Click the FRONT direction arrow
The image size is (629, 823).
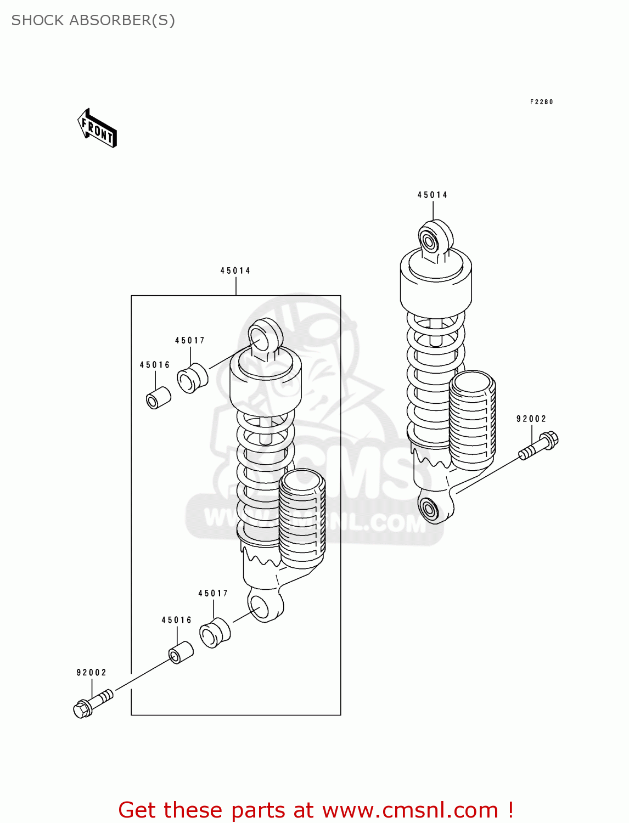point(97,128)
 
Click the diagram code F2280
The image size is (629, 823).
point(541,102)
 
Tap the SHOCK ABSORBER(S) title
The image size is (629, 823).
point(93,20)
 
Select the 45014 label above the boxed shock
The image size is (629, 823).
point(235,270)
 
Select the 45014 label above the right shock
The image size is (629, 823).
point(432,195)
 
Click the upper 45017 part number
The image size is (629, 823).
point(190,340)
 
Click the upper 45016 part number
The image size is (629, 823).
point(155,365)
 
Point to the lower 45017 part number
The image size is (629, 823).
point(213,593)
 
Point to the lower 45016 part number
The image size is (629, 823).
point(177,620)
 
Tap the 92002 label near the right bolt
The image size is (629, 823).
point(531,419)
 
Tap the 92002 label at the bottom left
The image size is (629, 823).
point(91,672)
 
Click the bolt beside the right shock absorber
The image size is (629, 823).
point(539,446)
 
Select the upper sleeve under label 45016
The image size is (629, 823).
point(158,398)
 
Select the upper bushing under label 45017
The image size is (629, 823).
point(192,377)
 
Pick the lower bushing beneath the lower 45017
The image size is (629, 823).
point(215,633)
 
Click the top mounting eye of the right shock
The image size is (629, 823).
point(435,238)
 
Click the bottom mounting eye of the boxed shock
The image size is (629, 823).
point(265,605)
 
